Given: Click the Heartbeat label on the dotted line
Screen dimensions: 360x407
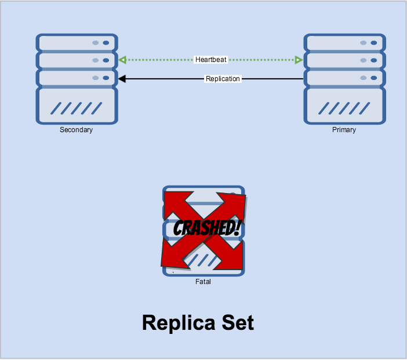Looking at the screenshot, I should coord(211,60).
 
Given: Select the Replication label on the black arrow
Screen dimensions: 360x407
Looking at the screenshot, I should coord(223,79).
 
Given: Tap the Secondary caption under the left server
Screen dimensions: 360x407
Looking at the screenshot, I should coord(76,130).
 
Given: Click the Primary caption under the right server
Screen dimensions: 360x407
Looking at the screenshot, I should coord(344,130).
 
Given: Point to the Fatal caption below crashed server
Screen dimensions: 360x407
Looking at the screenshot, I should coord(203,282).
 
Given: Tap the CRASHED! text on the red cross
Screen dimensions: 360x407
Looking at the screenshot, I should coord(202,227).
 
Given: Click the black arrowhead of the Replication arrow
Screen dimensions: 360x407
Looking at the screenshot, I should coord(122,79).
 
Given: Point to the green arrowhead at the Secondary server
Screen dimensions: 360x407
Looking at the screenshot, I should coord(122,60).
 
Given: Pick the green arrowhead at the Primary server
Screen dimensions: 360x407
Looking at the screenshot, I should coord(299,60).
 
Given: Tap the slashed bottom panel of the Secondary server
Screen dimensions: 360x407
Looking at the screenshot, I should coord(77,107).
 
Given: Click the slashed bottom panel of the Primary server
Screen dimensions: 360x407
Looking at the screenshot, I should coord(344,107).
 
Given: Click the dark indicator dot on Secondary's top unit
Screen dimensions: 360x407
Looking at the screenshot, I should coord(106,42).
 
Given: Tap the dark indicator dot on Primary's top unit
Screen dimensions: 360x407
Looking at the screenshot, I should coord(373,42).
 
